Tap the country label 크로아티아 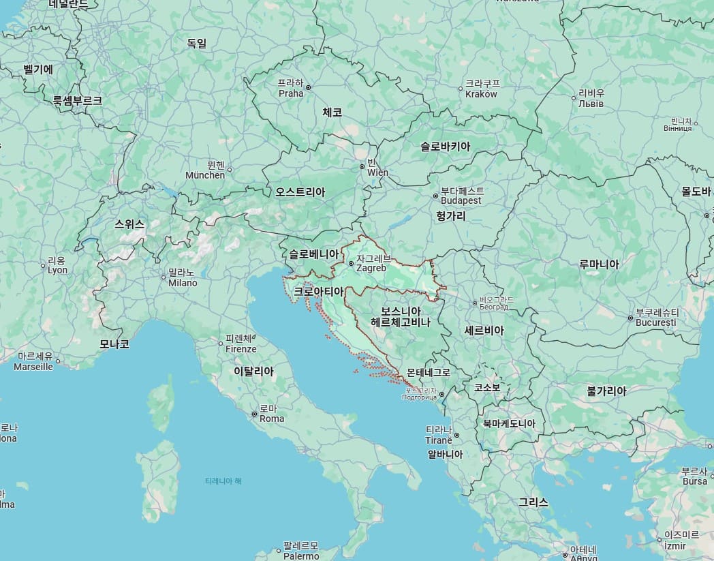318,292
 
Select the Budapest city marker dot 435,196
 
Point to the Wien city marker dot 362,166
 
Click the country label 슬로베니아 313,254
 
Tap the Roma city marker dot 254,414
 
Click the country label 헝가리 451,216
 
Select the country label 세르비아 484,331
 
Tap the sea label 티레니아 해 223,481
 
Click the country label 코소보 487,387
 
